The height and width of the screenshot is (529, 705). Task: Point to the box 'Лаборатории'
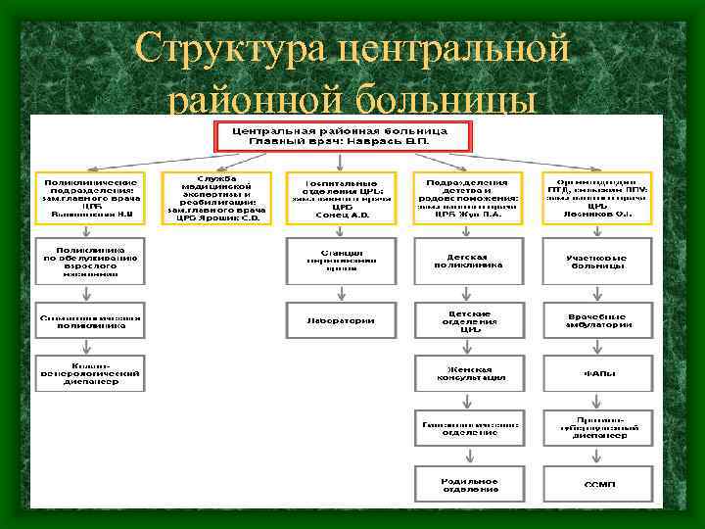click(341, 319)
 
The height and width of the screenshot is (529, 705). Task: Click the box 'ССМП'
click(595, 483)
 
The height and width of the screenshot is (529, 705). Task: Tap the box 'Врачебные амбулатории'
click(595, 319)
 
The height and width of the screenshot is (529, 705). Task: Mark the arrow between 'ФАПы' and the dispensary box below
click(595, 400)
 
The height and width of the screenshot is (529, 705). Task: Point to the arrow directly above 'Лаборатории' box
click(341, 292)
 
